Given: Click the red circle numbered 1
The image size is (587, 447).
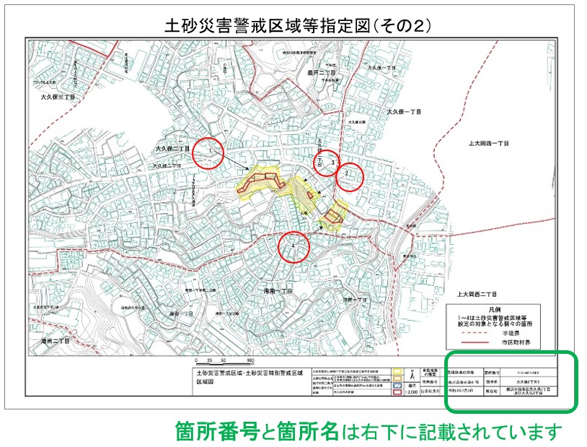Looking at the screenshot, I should coord(209,152).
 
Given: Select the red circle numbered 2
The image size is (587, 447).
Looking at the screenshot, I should coord(347,175).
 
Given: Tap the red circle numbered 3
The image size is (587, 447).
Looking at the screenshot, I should coord(327,163).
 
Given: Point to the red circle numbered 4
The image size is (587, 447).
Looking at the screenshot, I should coord(293,247).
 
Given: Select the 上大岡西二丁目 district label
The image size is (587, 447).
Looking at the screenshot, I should coord(477,295).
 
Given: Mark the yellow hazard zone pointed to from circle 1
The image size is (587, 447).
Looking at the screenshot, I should coord(257,181).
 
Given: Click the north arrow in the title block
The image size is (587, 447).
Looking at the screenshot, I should coord(410,376).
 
